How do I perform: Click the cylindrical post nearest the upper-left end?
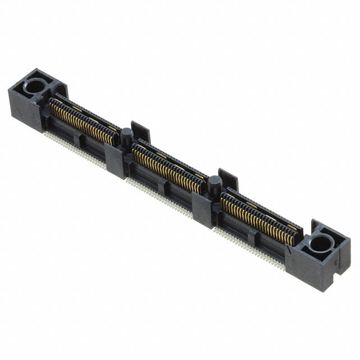[128, 137]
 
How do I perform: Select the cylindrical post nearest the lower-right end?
[214, 183]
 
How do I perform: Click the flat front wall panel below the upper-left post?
[115, 163]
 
